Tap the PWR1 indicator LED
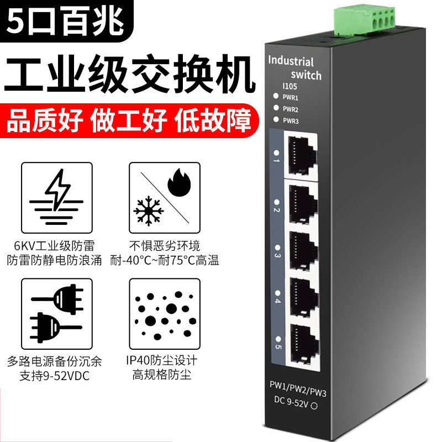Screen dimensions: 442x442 [276, 96]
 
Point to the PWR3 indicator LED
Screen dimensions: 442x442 [276, 119]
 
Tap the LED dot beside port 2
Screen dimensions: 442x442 [277, 202]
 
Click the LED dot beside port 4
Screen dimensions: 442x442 [278, 293]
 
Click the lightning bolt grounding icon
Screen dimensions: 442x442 [57, 197]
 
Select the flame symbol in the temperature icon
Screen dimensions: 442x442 [179, 182]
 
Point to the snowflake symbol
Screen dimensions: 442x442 [149, 211]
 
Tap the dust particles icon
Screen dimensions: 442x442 [165, 315]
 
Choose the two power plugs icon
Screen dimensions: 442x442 [57, 313]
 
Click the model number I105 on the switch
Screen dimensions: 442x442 [290, 86]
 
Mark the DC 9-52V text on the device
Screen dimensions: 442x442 [292, 402]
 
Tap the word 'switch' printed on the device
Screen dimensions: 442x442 [306, 75]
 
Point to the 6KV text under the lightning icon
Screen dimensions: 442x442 [24, 246]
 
